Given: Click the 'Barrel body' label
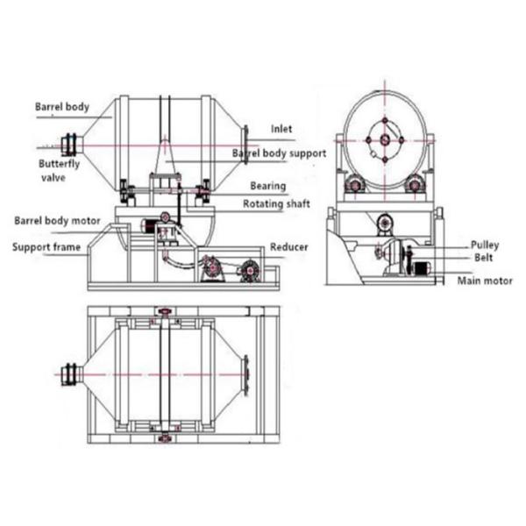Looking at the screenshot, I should [61, 107].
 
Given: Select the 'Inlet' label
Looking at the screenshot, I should [282, 128].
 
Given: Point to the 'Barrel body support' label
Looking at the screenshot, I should [279, 153].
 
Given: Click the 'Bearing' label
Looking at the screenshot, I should [267, 186].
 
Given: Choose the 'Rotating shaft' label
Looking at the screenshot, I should [274, 205].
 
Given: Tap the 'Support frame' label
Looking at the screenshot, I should [46, 246].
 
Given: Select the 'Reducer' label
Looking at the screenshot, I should [288, 247].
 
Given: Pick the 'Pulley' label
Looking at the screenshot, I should [485, 245].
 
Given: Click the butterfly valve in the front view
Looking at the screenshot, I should [70, 143].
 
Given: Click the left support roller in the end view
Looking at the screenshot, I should [354, 185].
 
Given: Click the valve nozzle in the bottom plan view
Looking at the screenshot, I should [70, 373].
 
